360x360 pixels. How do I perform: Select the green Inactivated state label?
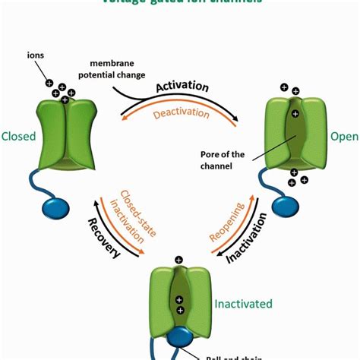(x=242, y=304)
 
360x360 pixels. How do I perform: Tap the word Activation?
(x=182, y=87)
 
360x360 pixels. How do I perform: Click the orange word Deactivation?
(x=181, y=113)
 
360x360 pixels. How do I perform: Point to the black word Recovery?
(x=107, y=240)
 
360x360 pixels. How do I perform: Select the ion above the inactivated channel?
(x=178, y=260)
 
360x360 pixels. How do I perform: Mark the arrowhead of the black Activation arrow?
(x=240, y=119)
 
